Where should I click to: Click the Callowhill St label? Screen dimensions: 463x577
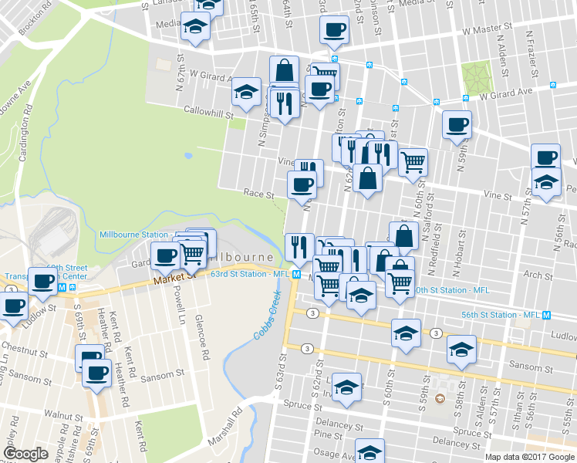coord(208,112)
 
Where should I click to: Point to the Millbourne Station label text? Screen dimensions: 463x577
coord(134,234)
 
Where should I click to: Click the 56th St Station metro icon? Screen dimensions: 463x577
coord(546,315)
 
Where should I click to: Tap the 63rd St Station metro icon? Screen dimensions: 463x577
coord(296,275)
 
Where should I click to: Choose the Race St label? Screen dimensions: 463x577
coord(259,195)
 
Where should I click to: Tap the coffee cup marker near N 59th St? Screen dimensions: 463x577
coord(457,123)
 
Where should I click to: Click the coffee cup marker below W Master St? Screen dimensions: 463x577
coord(335,30)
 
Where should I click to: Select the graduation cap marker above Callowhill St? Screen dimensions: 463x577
coord(247,93)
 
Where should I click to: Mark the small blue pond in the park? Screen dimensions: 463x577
coord(189,155)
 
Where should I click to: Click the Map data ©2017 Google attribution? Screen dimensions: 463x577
coord(529,456)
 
